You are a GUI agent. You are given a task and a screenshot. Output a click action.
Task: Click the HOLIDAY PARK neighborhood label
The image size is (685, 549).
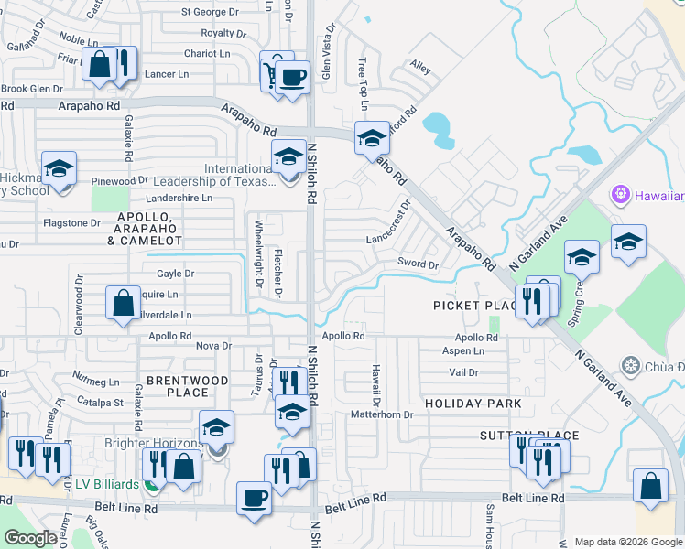[473, 404]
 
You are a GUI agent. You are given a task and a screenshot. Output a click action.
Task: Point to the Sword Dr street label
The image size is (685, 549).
[418, 264]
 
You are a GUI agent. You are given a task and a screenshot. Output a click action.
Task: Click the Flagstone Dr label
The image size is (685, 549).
[71, 222]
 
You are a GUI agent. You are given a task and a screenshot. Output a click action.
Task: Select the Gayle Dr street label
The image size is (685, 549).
[175, 274]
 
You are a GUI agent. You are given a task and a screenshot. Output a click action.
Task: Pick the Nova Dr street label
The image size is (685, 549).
[213, 345]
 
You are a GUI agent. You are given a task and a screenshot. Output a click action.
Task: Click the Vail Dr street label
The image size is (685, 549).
[464, 372]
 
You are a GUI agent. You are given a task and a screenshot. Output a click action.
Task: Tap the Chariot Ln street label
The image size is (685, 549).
[206, 54]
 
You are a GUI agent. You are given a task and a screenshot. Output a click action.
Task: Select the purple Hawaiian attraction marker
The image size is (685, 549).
[620, 195]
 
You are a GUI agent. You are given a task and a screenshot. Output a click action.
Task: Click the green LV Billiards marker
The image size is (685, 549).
[152, 482]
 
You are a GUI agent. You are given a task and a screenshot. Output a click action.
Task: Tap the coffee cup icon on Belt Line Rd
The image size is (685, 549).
[254, 499]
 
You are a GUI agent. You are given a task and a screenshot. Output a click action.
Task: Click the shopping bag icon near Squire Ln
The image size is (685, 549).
[122, 302]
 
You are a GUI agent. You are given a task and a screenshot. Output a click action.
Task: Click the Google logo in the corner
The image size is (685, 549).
[31, 538]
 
